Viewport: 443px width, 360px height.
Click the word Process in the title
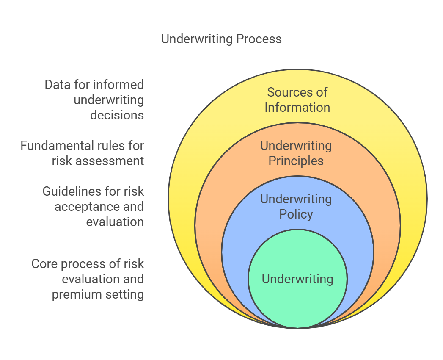tap(259, 39)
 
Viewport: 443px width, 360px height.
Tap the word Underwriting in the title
tap(197, 39)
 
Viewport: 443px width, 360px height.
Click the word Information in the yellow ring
tap(297, 108)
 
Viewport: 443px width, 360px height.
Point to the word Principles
tap(296, 161)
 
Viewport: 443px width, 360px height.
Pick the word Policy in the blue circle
tap(296, 214)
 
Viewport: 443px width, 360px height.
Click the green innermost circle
tap(297, 279)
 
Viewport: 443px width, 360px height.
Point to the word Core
tap(44, 264)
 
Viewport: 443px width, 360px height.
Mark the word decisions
tap(117, 115)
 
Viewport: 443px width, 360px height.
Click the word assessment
tap(110, 161)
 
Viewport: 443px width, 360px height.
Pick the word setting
tap(124, 295)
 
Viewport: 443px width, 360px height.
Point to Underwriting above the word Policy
tap(296, 199)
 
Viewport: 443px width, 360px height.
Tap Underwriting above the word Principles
tap(296, 146)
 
